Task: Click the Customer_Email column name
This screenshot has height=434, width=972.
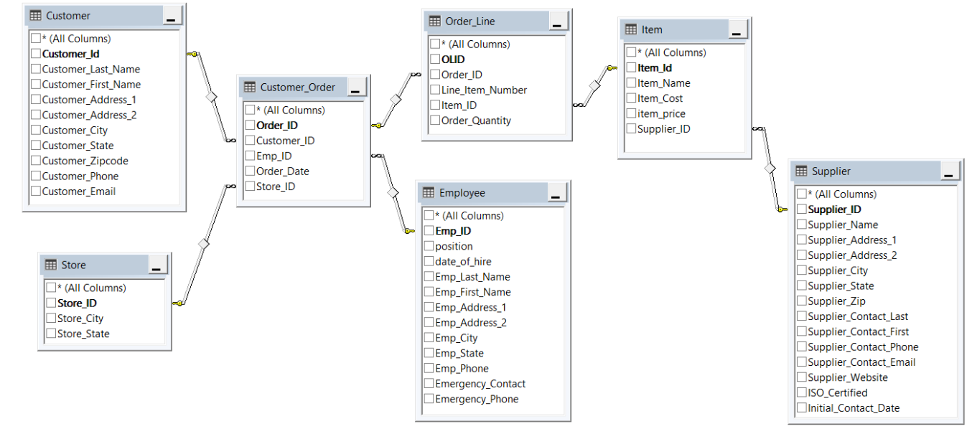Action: pos(78,192)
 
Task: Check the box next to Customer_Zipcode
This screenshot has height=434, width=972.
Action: pos(36,161)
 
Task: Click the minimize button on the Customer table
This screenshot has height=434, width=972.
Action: pos(172,16)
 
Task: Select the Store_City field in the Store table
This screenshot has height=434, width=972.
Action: pos(80,319)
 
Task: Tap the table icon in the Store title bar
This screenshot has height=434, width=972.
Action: pos(50,265)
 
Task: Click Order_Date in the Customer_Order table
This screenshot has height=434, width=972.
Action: pos(282,171)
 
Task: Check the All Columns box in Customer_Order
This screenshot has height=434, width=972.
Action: pos(250,110)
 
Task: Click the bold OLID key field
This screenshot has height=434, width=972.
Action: pos(453,60)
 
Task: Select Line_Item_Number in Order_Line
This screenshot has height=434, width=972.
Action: pos(484,90)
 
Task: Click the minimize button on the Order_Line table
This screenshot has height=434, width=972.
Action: pos(558,22)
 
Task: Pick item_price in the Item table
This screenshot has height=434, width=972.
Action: pos(661,114)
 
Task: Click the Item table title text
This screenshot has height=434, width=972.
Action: pos(652,29)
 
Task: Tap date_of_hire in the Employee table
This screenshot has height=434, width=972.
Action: pos(463,262)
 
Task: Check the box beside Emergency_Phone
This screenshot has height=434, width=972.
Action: pos(429,400)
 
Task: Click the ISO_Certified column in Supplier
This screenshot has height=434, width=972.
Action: pos(837,393)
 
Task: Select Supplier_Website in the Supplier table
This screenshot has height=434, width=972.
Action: pos(847,378)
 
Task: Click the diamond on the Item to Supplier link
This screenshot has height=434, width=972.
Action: pos(770,169)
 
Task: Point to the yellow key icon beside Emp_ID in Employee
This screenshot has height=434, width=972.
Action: pos(409,231)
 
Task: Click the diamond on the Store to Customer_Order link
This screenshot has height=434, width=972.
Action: pos(203,245)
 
